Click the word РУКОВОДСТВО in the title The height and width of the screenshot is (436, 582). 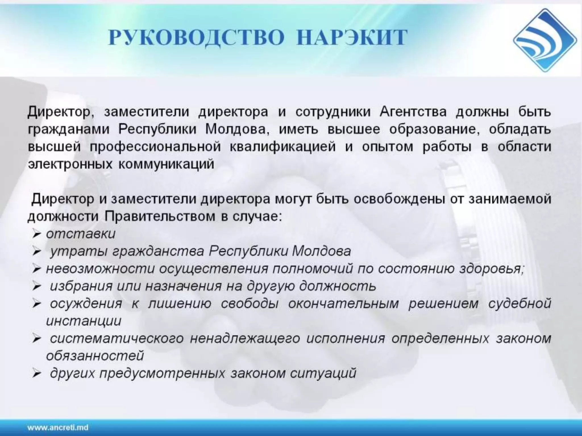tap(196, 38)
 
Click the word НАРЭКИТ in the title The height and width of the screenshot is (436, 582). tap(352, 38)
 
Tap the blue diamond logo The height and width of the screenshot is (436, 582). tap(545, 40)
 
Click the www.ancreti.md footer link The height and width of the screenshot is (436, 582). tap(58, 427)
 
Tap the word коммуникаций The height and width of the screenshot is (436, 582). tap(166, 164)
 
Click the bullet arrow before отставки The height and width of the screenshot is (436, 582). tap(37, 234)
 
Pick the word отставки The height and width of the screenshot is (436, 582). tap(81, 234)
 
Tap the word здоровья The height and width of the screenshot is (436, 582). tap(491, 269)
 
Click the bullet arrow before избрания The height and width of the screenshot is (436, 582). tap(37, 287)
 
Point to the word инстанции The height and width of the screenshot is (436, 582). tap(84, 321)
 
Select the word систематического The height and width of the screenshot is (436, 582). tap(117, 339)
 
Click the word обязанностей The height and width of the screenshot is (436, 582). tap(95, 356)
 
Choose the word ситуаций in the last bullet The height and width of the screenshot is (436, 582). tap(323, 373)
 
